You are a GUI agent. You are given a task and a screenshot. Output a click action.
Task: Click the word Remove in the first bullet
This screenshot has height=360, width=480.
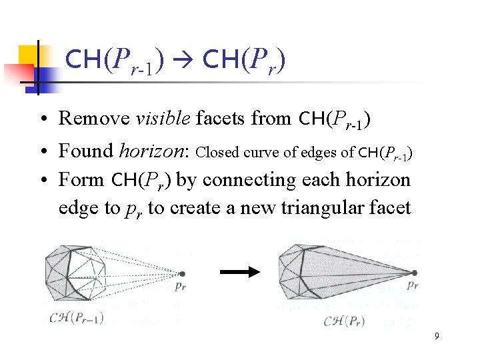pyautogui.click(x=95, y=119)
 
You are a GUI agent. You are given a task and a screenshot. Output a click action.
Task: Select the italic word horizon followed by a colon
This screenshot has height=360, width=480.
pyautogui.click(x=151, y=151)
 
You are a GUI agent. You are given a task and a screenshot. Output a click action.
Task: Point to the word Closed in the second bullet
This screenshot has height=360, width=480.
pyautogui.click(x=215, y=152)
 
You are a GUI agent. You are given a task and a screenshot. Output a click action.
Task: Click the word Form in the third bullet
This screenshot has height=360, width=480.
pyautogui.click(x=81, y=180)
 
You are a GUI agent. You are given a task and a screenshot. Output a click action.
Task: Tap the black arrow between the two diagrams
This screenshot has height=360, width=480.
pyautogui.click(x=239, y=271)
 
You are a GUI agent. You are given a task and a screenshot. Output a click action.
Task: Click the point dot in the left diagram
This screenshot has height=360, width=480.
pyautogui.click(x=182, y=273)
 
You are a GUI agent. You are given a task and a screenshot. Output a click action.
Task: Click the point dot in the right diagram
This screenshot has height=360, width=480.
pyautogui.click(x=414, y=273)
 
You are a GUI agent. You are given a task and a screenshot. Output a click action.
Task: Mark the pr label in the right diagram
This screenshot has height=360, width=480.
pyautogui.click(x=411, y=285)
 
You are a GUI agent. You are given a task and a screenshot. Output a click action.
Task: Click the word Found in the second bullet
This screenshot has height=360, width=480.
pyautogui.click(x=86, y=151)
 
